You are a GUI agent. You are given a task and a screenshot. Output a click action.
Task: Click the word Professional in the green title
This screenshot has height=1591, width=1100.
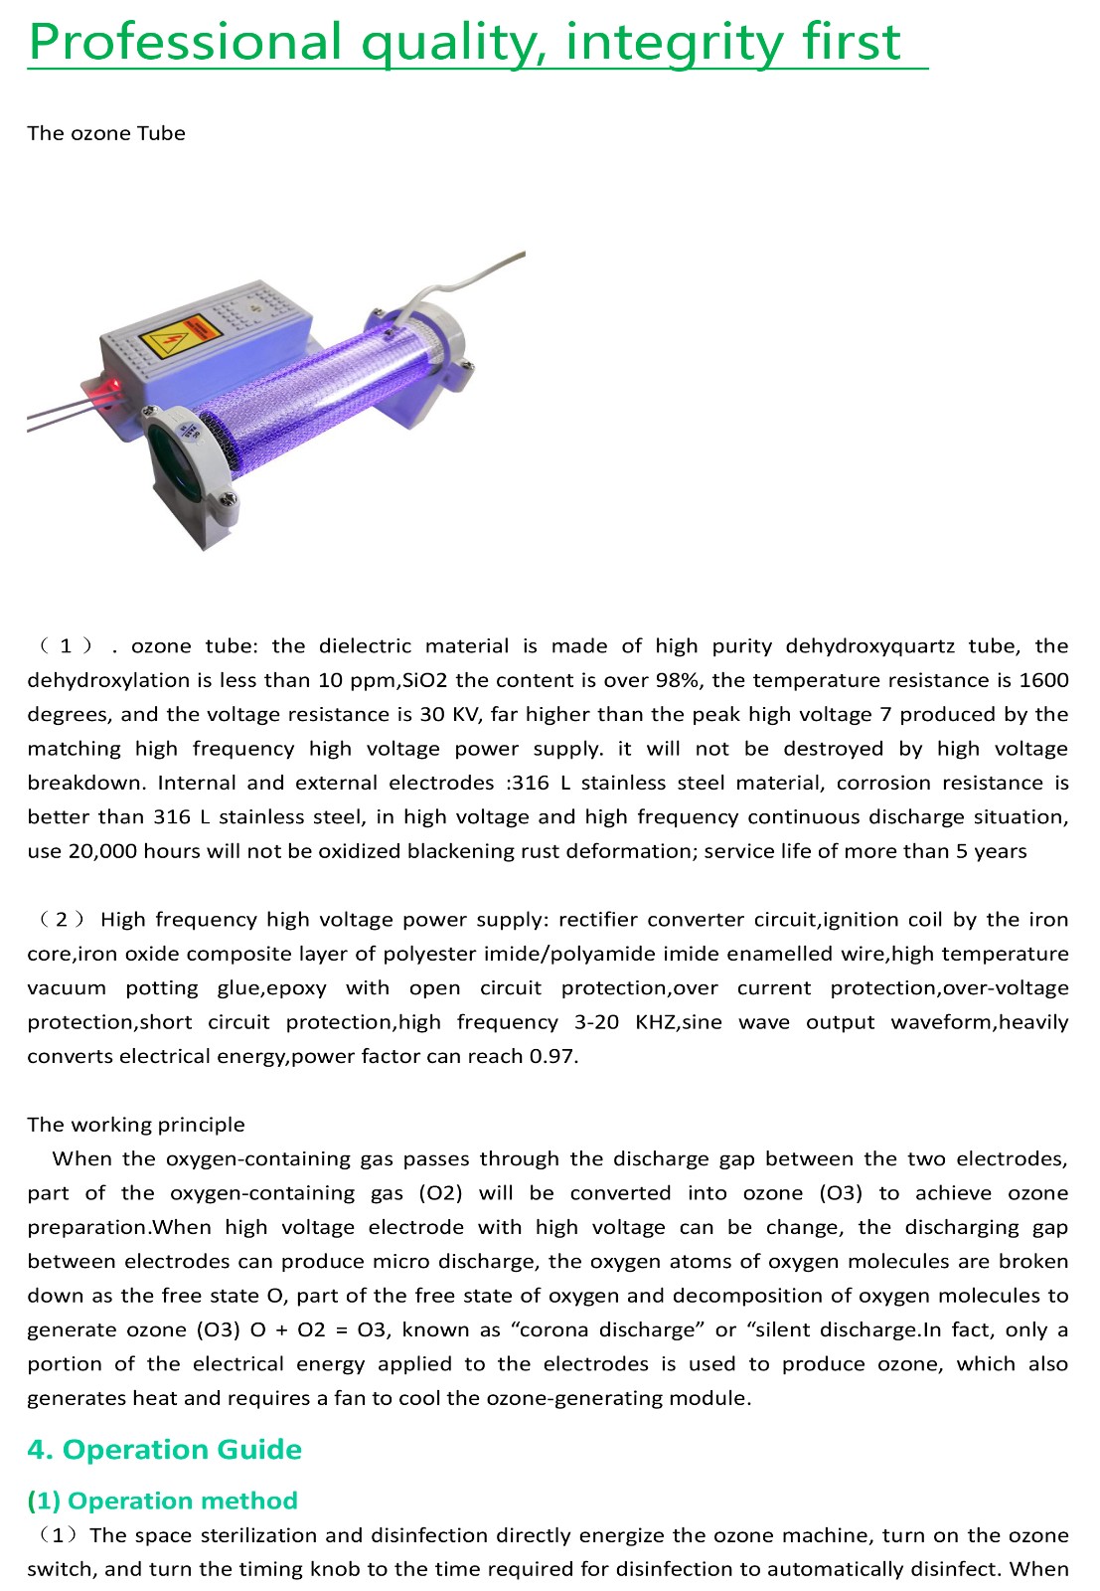coord(186,43)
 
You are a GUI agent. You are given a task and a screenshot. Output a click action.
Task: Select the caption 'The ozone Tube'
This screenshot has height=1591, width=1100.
coord(106,133)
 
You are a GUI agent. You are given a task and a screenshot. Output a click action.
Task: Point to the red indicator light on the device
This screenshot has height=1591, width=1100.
coord(112,384)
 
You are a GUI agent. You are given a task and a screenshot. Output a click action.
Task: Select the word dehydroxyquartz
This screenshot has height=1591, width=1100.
coord(870,646)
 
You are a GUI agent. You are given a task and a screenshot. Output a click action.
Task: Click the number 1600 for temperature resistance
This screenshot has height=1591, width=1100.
coord(1043,680)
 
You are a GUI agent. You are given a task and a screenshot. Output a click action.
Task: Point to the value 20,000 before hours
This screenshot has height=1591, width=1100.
coord(102,851)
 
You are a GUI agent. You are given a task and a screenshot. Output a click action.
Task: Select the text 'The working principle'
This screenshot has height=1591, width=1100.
coord(136,1125)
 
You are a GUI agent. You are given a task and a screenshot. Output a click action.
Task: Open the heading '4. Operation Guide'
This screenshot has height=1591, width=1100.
coord(164,1450)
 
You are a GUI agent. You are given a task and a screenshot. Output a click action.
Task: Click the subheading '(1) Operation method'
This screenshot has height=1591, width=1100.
coord(162,1501)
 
